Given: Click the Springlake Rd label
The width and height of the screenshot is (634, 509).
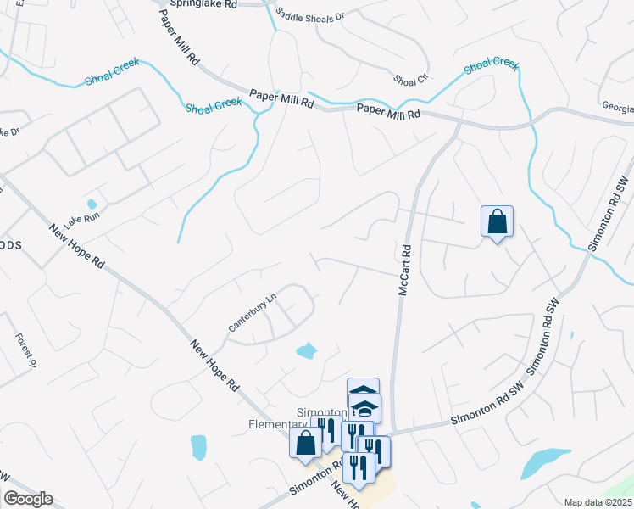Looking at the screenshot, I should click(203, 4).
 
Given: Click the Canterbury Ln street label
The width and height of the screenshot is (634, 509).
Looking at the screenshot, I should click(253, 313).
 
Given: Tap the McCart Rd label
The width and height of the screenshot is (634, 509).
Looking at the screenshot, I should click(404, 271).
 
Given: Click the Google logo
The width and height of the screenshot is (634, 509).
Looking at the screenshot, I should click(27, 499).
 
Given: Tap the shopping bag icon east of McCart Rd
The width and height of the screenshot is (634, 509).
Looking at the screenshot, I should click(497, 222).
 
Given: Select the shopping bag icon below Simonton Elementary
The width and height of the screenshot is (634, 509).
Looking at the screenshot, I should click(305, 442).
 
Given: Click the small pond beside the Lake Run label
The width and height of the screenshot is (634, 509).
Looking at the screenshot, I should click(92, 204).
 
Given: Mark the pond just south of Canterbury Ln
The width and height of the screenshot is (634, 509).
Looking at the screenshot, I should click(305, 350).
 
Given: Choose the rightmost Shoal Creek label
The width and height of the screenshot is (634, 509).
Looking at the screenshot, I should click(492, 64).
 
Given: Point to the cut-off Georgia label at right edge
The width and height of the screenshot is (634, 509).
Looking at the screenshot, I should click(618, 109).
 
